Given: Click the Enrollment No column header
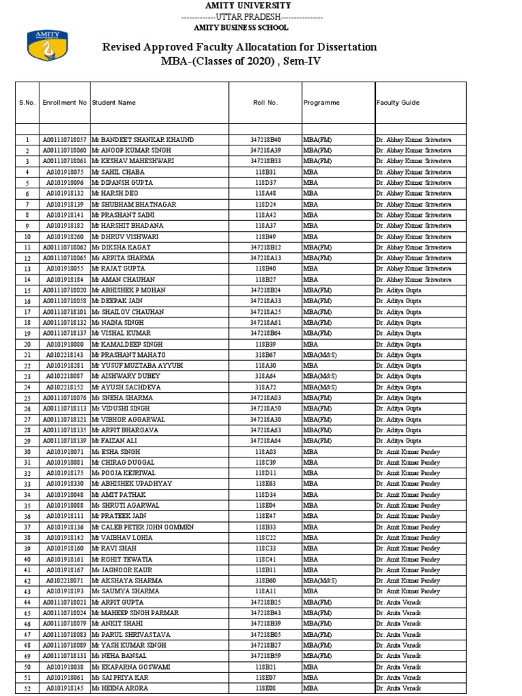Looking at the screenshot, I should click(65, 103).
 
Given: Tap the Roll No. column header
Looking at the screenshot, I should click(265, 103).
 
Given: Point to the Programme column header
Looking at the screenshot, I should click(321, 103).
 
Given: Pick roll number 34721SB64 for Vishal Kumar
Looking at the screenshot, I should click(265, 333).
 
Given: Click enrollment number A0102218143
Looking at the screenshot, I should click(65, 355).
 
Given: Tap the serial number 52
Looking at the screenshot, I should click(27, 689).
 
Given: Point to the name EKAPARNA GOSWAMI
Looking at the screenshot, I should click(136, 667).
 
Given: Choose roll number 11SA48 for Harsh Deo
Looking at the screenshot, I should click(265, 193).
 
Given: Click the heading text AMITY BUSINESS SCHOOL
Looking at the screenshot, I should click(241, 28).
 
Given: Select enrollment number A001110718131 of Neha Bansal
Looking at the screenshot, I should click(65, 656).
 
